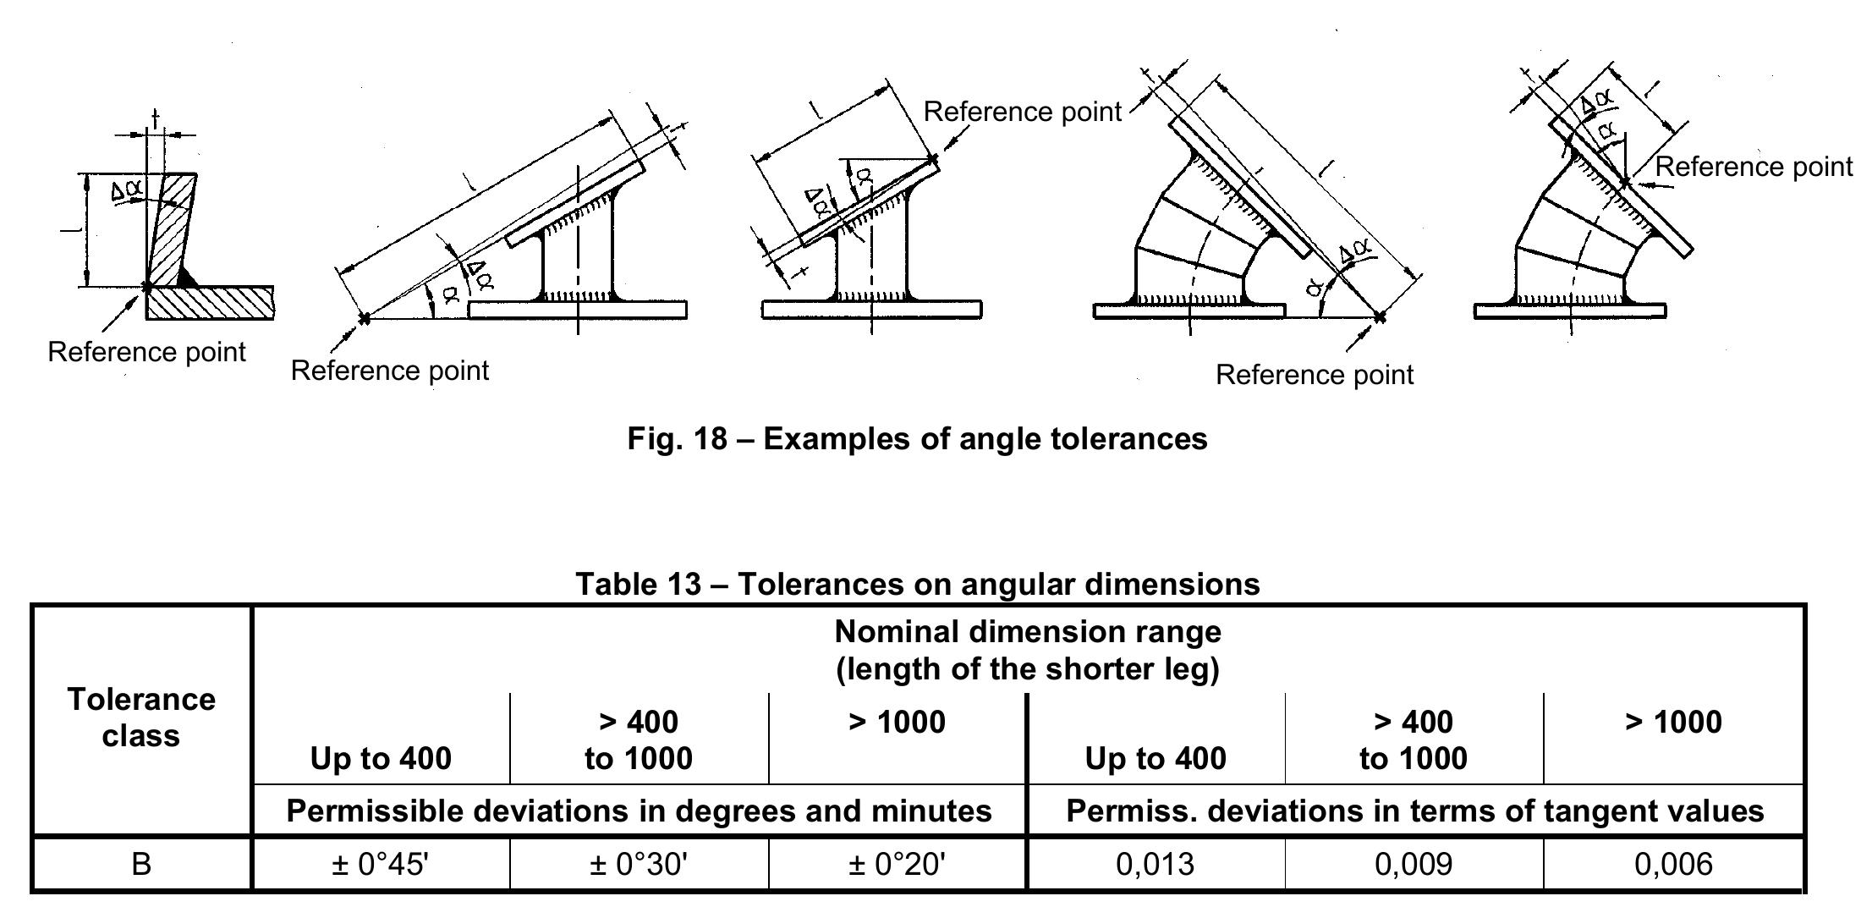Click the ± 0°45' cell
381,864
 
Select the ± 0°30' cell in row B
639,864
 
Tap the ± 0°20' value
897,864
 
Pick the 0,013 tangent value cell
1156,864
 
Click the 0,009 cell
1414,864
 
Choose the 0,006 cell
1673,864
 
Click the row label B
141,864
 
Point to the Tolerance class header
141,717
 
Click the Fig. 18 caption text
917,438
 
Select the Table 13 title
917,584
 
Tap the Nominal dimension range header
1028,650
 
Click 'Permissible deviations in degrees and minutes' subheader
639,811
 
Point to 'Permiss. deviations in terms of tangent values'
1414,811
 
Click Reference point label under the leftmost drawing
146,352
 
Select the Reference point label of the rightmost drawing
1753,167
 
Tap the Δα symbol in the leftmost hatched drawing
127,192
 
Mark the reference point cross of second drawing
365,319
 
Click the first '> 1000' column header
897,722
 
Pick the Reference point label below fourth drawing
1314,375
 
